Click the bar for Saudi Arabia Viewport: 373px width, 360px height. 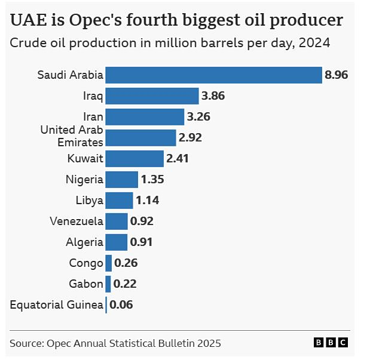213,75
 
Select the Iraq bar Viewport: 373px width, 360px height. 152,96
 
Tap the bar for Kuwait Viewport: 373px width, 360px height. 134,159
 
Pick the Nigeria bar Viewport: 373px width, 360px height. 122,179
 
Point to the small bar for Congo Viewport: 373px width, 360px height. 109,263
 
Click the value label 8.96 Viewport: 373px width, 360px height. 337,75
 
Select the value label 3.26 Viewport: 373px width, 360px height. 198,116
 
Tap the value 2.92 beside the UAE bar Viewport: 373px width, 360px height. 190,138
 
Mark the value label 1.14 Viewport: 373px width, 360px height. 147,200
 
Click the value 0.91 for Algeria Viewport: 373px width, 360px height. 142,242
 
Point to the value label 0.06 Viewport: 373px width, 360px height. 121,304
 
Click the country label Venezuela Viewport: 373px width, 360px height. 77,221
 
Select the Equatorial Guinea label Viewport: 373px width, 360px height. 57,304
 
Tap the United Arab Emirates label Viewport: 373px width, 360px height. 72,136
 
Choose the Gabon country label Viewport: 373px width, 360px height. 87,284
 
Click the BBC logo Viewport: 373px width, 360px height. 331,343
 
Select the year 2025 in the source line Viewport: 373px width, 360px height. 207,343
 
